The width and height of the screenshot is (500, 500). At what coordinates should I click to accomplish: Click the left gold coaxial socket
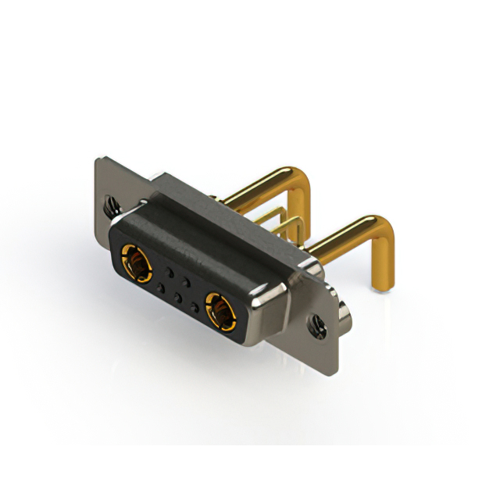click(134, 262)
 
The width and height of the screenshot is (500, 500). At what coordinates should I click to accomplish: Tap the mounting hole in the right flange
click(318, 321)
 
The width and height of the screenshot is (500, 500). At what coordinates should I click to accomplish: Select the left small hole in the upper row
click(168, 273)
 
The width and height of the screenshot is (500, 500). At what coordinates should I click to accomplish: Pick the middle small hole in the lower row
click(179, 298)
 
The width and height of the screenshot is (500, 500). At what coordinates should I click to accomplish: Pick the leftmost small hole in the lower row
click(161, 288)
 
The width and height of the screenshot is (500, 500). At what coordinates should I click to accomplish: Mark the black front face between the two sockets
click(178, 287)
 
